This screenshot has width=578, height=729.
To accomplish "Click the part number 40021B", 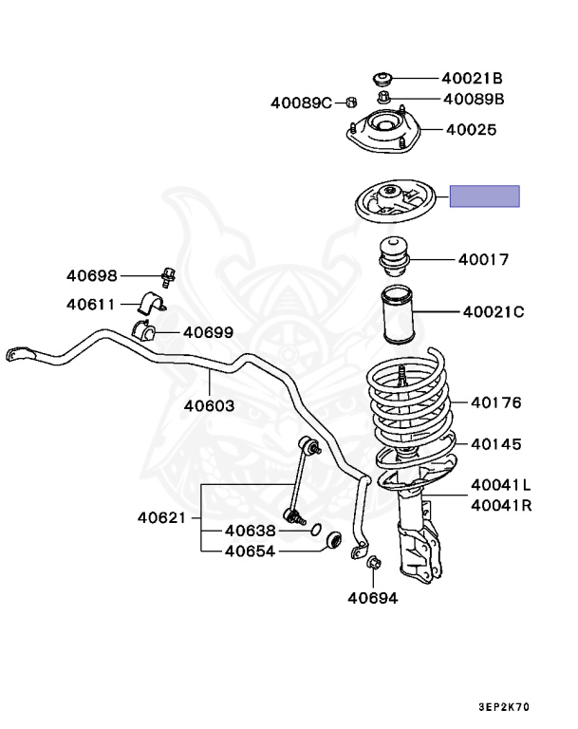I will tap(473, 79).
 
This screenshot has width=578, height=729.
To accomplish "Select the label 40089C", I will tap(301, 103).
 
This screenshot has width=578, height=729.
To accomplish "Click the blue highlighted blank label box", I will tap(484, 196).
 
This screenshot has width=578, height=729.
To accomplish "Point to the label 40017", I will tap(483, 258).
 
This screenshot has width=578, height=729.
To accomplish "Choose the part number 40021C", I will tap(493, 310).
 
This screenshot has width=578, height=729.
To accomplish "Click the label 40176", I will tap(495, 402).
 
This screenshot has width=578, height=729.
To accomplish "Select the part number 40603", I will tap(209, 404).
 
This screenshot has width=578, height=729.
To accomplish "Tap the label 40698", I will tap(91, 276).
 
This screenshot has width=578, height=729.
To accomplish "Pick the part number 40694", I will tap(372, 598).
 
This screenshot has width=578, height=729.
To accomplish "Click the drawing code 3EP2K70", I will tap(505, 708).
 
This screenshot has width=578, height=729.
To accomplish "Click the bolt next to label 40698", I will tap(169, 277).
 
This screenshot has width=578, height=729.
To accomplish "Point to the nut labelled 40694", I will tap(372, 565).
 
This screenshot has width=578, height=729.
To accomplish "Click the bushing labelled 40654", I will tap(334, 541).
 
